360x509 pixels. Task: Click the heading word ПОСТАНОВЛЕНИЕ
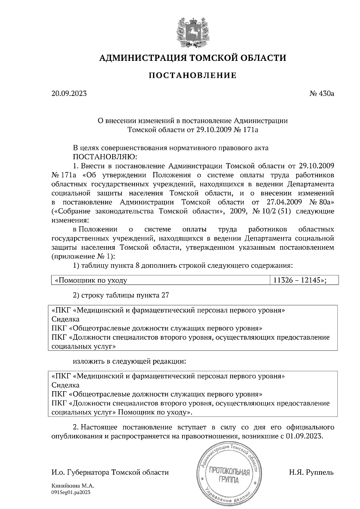pos(192,75)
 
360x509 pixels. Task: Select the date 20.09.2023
pos(69,94)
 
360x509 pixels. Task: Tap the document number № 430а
pos(322,94)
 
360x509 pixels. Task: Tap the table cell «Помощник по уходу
pos(90,281)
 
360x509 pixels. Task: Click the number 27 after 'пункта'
pos(165,295)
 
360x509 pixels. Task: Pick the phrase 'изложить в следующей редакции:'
pos(130,361)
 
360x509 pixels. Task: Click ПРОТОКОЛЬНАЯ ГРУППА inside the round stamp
pos(229,477)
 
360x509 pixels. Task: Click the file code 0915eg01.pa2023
pos(71,492)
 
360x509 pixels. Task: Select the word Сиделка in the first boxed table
pos(65,319)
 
